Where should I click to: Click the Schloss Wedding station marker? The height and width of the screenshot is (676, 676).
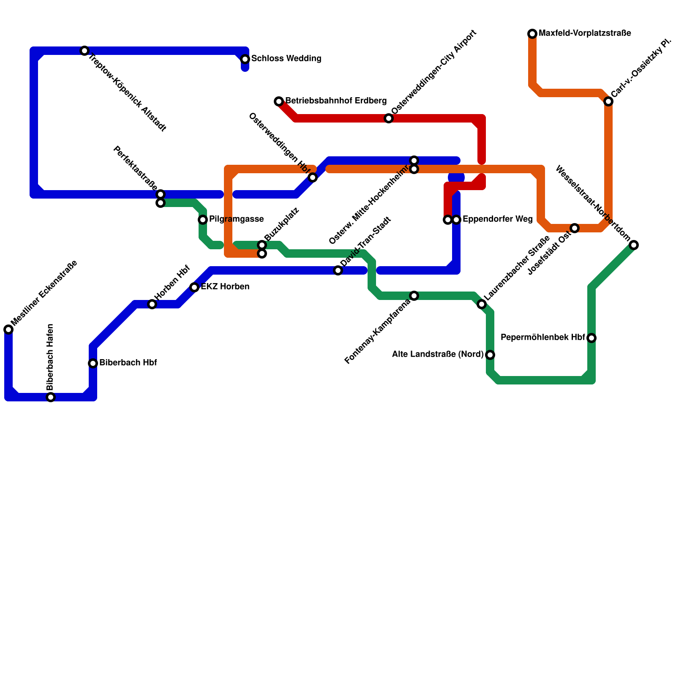pyautogui.click(x=245, y=59)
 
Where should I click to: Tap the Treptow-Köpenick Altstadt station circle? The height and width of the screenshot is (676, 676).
pyautogui.click(x=84, y=51)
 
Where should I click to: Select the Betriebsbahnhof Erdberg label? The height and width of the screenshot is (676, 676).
pyautogui.click(x=336, y=101)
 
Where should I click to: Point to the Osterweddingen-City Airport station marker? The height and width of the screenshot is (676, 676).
pyautogui.click(x=389, y=118)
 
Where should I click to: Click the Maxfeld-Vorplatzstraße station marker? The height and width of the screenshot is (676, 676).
pyautogui.click(x=532, y=34)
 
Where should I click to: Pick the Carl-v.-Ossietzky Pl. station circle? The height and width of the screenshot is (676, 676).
pyautogui.click(x=608, y=101)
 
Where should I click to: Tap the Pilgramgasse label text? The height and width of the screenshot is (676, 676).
pyautogui.click(x=236, y=219)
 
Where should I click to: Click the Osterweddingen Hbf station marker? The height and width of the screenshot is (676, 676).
pyautogui.click(x=313, y=177)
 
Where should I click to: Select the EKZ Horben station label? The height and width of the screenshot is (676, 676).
pyautogui.click(x=225, y=287)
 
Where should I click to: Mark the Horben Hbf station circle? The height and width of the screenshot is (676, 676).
pyautogui.click(x=152, y=304)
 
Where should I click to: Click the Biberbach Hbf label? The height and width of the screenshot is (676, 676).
pyautogui.click(x=128, y=363)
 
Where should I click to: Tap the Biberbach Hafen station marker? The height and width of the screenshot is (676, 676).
pyautogui.click(x=51, y=397)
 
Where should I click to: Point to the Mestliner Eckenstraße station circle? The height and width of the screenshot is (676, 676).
pyautogui.click(x=8, y=330)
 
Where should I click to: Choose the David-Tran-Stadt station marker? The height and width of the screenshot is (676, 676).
pyautogui.click(x=338, y=270)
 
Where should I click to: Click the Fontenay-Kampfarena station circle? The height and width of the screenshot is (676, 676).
pyautogui.click(x=414, y=296)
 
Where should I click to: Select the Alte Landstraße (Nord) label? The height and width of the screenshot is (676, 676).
pyautogui.click(x=438, y=354)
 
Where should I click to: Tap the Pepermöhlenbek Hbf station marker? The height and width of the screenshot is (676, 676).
pyautogui.click(x=591, y=338)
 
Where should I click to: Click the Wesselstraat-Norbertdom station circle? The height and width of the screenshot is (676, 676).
pyautogui.click(x=634, y=245)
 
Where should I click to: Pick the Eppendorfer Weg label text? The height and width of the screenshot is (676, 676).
pyautogui.click(x=497, y=219)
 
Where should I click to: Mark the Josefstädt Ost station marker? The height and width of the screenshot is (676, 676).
pyautogui.click(x=575, y=228)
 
